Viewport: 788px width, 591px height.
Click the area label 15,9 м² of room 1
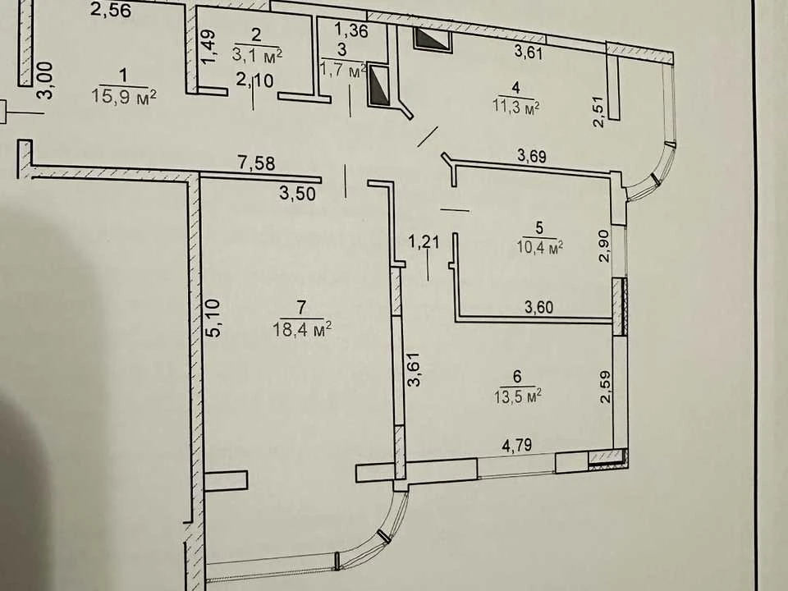click(x=124, y=95)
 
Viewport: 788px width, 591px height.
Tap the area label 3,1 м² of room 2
click(x=257, y=54)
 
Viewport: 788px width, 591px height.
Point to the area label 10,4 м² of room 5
click(x=539, y=247)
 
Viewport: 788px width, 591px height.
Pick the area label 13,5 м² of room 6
click(x=517, y=396)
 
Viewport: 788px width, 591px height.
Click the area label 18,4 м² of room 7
click(x=301, y=329)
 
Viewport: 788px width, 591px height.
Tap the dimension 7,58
click(x=256, y=163)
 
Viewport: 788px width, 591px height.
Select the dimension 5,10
click(x=213, y=318)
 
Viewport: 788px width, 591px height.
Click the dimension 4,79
click(x=517, y=445)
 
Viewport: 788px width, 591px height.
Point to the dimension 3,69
click(x=532, y=156)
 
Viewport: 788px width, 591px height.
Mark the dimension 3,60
click(x=538, y=306)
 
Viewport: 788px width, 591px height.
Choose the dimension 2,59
click(x=605, y=387)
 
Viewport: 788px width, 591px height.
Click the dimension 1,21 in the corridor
click(x=424, y=241)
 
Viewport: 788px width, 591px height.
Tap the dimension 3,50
click(x=297, y=193)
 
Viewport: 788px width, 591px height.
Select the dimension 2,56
click(x=111, y=10)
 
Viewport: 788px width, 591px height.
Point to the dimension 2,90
click(x=604, y=245)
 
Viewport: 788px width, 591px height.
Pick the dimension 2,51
click(x=598, y=112)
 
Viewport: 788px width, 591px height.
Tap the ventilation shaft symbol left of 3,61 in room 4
click(x=433, y=39)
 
